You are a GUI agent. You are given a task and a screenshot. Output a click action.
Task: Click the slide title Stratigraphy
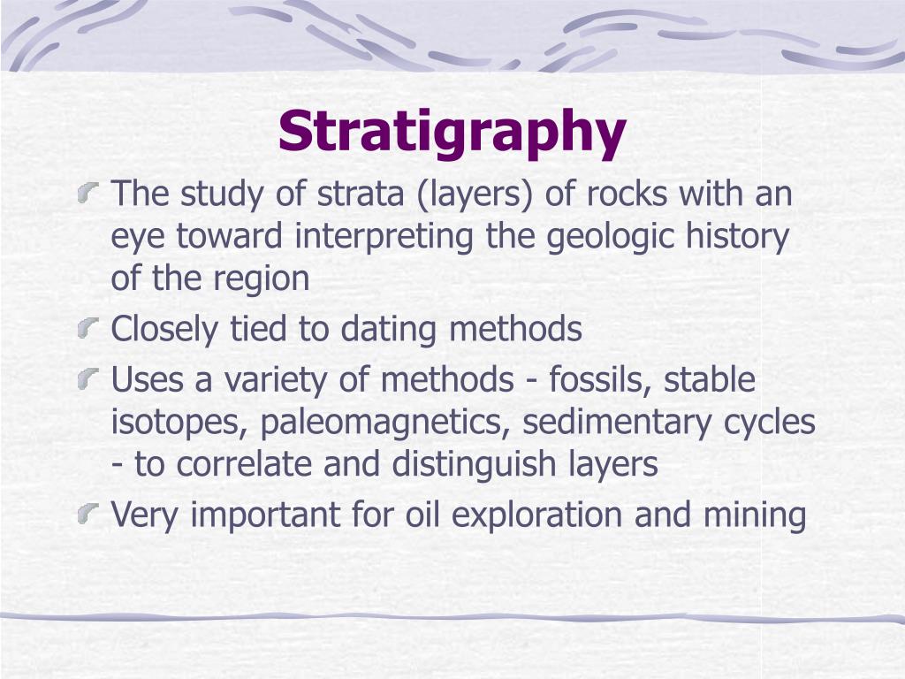point(452,131)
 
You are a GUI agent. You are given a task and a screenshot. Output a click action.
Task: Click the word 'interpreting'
point(390,237)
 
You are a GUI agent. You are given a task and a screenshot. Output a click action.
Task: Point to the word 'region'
point(262,279)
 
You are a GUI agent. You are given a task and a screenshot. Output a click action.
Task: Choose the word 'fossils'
point(599,380)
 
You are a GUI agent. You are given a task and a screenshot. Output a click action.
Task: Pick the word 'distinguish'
point(487,465)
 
